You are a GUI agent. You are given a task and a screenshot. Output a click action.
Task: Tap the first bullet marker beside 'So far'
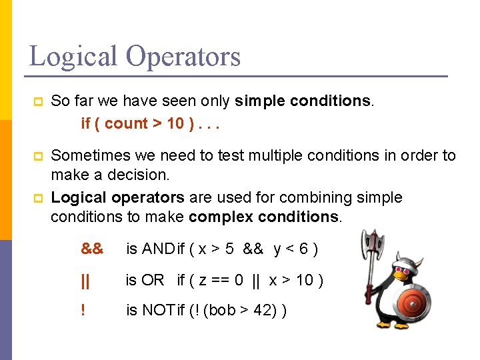[38, 102]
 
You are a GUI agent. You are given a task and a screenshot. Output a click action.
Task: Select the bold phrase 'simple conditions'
[303, 101]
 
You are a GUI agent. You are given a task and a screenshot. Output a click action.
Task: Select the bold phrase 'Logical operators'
[117, 198]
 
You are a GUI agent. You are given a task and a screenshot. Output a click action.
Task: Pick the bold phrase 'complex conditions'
[263, 217]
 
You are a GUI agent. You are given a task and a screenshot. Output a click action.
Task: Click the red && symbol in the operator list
[92, 249]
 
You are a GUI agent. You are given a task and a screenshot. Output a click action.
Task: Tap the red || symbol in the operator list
[85, 280]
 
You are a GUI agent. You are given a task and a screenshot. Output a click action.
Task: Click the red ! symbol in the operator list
[83, 311]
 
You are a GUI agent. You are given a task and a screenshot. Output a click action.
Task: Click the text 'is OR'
[145, 280]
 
